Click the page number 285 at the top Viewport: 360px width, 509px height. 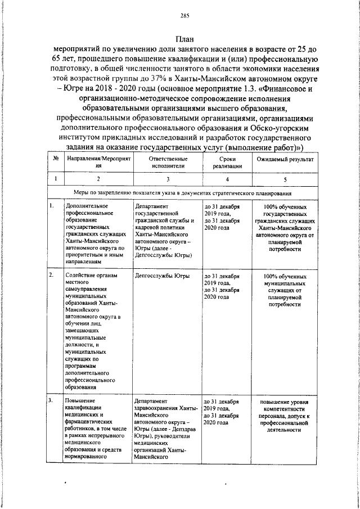(x=184, y=15)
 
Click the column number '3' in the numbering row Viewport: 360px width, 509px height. (x=166, y=179)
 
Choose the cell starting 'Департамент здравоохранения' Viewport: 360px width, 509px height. (x=164, y=429)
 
